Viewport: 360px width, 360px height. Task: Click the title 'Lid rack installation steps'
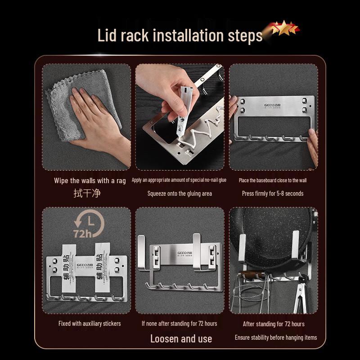(x=180, y=35)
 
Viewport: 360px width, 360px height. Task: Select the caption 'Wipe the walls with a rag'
(x=90, y=180)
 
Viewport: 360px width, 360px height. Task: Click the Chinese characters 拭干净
(x=87, y=193)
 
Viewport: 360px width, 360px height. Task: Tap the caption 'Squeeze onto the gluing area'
(x=180, y=193)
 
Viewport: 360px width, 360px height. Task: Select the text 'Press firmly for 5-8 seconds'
(x=273, y=193)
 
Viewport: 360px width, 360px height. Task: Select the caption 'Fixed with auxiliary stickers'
(x=90, y=324)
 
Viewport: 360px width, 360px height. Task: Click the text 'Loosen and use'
(x=181, y=339)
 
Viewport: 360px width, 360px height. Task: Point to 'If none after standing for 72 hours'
(x=179, y=324)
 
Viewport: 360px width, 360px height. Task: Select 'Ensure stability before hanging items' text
(x=276, y=337)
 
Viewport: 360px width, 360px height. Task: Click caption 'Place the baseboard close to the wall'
(x=273, y=180)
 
